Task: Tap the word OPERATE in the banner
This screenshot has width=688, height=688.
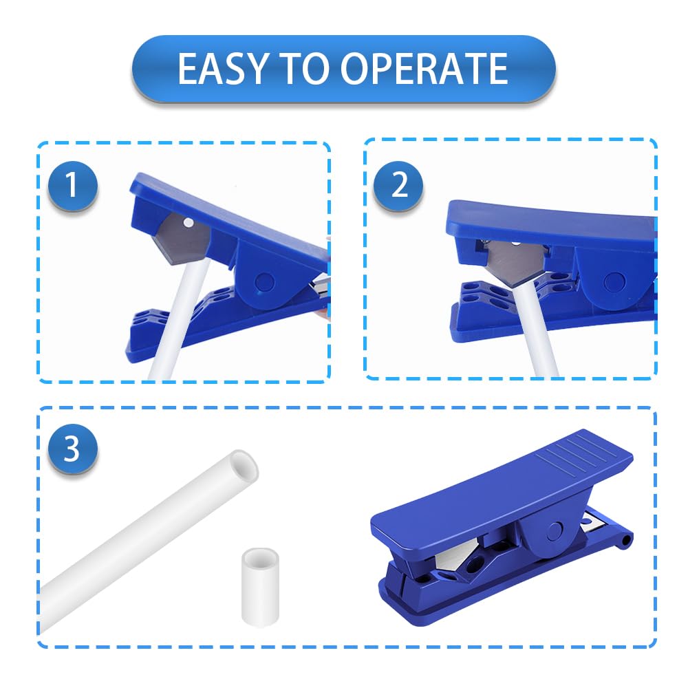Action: [x=424, y=68]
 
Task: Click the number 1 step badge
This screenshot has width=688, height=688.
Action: [x=72, y=185]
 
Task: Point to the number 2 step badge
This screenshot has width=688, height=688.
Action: [x=398, y=185]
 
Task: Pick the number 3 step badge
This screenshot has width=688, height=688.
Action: [x=72, y=449]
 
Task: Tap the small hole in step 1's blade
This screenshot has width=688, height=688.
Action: [x=189, y=223]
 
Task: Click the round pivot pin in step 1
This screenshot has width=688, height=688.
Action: [x=265, y=283]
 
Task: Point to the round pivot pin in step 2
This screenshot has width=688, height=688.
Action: [x=614, y=283]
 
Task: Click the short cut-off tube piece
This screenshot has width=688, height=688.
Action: [x=260, y=587]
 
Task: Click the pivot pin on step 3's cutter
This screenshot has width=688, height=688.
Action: [x=555, y=531]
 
